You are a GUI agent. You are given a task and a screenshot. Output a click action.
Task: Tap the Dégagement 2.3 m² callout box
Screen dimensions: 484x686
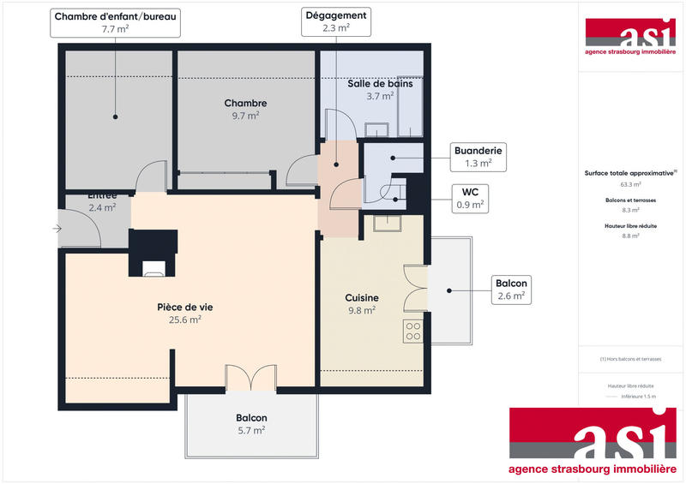pyautogui.click(x=335, y=21)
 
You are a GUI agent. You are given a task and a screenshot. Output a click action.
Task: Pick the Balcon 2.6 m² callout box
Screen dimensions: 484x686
pyautogui.click(x=511, y=290)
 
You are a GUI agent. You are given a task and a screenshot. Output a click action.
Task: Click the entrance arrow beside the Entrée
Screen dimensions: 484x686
pyautogui.click(x=57, y=229)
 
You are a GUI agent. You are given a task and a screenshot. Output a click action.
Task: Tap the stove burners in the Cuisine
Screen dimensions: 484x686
pyautogui.click(x=412, y=331)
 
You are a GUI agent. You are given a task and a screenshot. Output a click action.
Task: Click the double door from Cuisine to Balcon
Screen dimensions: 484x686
pyautogui.click(x=415, y=289)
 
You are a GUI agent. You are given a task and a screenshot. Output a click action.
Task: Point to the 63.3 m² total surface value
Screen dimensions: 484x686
pyautogui.click(x=630, y=184)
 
